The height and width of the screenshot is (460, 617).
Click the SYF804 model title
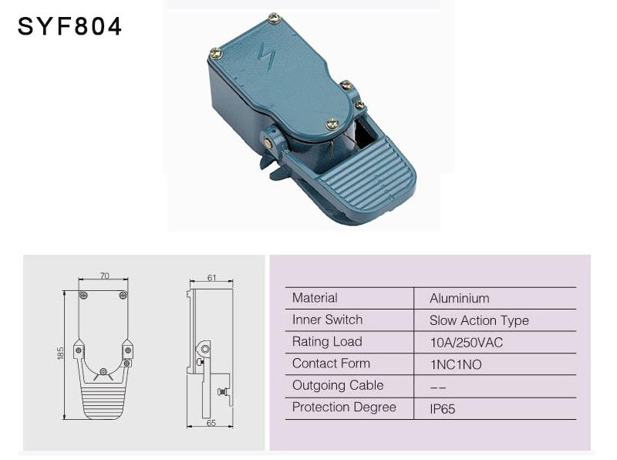tap(69, 27)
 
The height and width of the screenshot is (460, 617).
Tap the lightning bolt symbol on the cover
tap(266, 57)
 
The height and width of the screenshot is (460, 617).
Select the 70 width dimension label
tap(104, 276)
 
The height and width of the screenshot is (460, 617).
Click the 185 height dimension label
tap(60, 353)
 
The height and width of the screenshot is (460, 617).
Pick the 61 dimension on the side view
tap(211, 278)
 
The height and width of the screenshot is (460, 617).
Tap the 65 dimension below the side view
tap(211, 423)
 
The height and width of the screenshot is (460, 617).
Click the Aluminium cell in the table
tap(459, 298)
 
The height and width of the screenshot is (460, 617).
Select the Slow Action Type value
tap(479, 320)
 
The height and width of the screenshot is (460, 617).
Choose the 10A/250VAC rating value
tap(467, 342)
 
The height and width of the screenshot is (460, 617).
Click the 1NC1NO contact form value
tap(456, 364)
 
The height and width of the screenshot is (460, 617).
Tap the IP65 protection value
tap(443, 409)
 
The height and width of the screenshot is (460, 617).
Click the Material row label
tap(315, 298)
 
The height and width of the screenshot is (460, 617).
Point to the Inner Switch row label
tap(327, 320)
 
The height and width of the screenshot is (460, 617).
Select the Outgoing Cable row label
tap(338, 385)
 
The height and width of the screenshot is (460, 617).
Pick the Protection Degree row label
tap(344, 408)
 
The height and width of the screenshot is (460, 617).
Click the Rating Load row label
tap(327, 341)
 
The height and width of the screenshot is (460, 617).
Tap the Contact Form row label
tap(332, 363)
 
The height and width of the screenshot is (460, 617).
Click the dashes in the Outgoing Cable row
tap(438, 388)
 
